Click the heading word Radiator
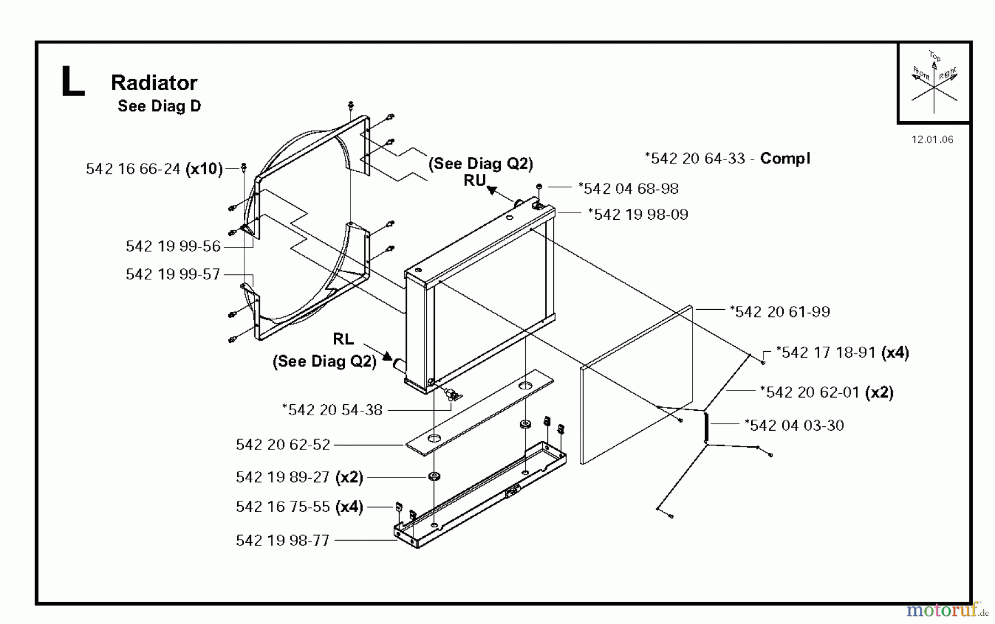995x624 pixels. pyautogui.click(x=154, y=83)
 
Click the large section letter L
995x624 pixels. pyautogui.click(x=72, y=82)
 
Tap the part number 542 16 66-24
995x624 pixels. pyautogui.click(x=133, y=169)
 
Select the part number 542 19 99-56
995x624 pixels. pyautogui.click(x=173, y=246)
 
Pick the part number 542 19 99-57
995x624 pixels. pyautogui.click(x=173, y=274)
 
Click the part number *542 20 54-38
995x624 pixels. pyautogui.click(x=332, y=410)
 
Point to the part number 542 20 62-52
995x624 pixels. pyautogui.click(x=283, y=445)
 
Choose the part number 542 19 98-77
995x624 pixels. pyautogui.click(x=282, y=541)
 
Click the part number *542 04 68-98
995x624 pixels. pyautogui.click(x=629, y=189)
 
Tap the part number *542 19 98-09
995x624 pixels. pyautogui.click(x=638, y=215)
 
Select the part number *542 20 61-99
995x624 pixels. pyautogui.click(x=780, y=312)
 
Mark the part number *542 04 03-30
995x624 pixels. pyautogui.click(x=794, y=426)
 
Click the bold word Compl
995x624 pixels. pyautogui.click(x=785, y=158)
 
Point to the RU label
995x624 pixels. pyautogui.click(x=475, y=181)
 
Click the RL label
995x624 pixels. pyautogui.click(x=343, y=339)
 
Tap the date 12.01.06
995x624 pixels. pyautogui.click(x=933, y=140)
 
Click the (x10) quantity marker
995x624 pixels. pyautogui.click(x=204, y=169)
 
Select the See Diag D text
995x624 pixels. pyautogui.click(x=159, y=106)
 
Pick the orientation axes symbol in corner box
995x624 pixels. pyautogui.click(x=934, y=83)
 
